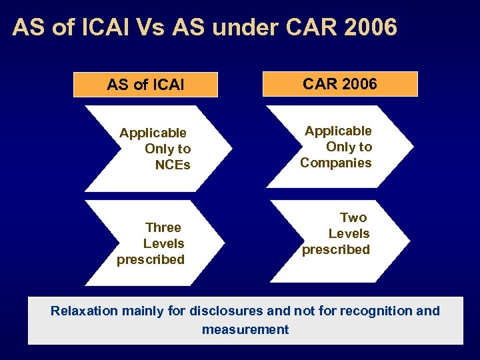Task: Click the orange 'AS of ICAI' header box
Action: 146,85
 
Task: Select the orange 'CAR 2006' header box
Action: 340,84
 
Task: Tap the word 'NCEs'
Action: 173,165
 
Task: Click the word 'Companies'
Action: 336,163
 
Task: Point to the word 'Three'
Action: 163,227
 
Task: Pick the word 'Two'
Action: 353,217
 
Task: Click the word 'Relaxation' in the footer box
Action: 84,311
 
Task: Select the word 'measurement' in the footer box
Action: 245,329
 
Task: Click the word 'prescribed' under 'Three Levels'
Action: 151,259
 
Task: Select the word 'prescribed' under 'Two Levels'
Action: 336,249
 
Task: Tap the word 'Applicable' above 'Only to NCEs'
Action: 153,133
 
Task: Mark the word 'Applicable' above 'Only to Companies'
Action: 339,131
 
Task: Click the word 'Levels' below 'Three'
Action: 164,243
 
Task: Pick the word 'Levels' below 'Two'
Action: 349,233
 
